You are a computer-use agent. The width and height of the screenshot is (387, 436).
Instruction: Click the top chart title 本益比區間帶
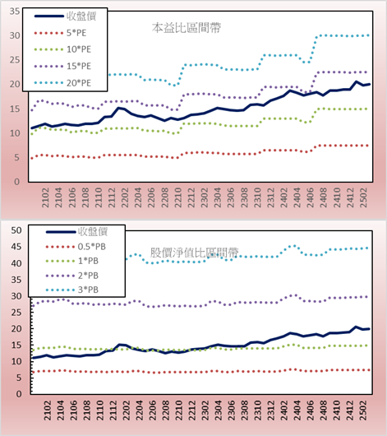pyautogui.click(x=187, y=28)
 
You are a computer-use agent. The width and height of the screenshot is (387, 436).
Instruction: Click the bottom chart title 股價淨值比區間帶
pyautogui.click(x=195, y=253)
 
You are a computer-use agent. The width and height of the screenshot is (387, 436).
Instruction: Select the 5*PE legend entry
pyautogui.click(x=60, y=33)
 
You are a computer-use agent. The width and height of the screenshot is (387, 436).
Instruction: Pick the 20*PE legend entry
pyautogui.click(x=62, y=83)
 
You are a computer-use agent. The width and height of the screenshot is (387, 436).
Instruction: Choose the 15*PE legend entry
pyautogui.click(x=62, y=66)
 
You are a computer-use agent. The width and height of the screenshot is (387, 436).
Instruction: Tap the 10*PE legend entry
pyautogui.click(x=62, y=49)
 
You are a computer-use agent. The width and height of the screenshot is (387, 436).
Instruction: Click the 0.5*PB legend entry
pyautogui.click(x=76, y=247)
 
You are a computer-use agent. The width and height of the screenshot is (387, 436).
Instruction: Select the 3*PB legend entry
pyautogui.click(x=72, y=290)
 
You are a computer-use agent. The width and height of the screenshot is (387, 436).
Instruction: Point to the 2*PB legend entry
pyautogui.click(x=72, y=276)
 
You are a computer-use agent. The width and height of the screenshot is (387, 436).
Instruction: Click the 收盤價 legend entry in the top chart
pyautogui.click(x=65, y=16)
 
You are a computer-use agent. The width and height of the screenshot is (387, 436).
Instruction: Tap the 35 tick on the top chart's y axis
pyautogui.click(x=15, y=12)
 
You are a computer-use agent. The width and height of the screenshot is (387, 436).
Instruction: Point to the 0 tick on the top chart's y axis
pyautogui.click(x=17, y=182)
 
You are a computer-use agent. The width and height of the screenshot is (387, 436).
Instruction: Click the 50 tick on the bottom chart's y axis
pyautogui.click(x=16, y=230)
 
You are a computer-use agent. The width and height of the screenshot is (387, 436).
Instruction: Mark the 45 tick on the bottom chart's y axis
pyautogui.click(x=16, y=247)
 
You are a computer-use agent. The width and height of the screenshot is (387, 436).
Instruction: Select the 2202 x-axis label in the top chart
pyautogui.click(x=125, y=197)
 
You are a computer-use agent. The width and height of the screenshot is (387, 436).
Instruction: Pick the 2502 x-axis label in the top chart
pyautogui.click(x=363, y=197)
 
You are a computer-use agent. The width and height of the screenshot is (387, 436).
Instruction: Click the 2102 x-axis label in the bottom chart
pyautogui.click(x=48, y=410)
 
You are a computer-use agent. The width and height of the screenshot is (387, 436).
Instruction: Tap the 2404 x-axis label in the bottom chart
pyautogui.click(x=297, y=410)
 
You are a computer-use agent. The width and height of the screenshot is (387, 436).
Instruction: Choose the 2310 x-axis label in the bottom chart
pyautogui.click(x=258, y=410)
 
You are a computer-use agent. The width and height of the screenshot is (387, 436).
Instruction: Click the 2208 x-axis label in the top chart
pyautogui.click(x=165, y=197)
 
